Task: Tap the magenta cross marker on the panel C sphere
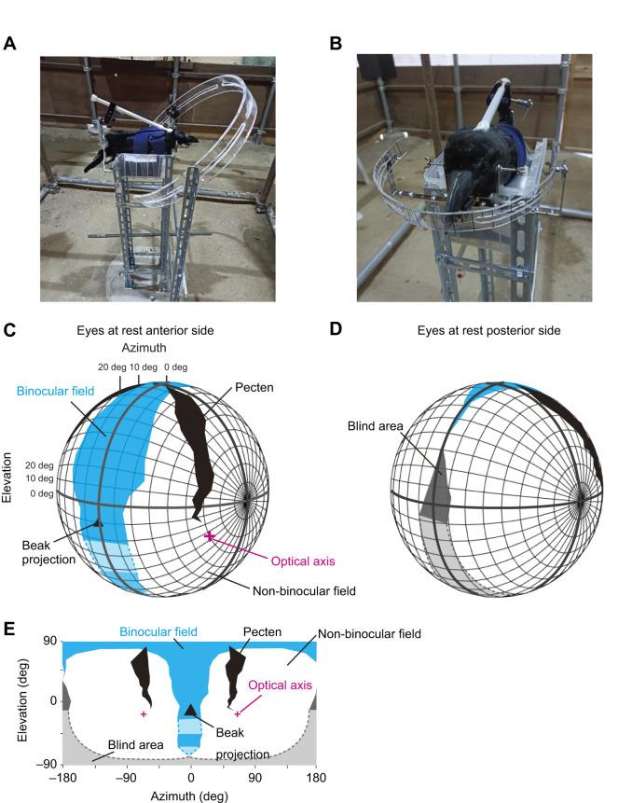coord(210,536)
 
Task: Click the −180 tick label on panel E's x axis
coord(63,777)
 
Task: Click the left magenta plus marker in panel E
coord(144,714)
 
